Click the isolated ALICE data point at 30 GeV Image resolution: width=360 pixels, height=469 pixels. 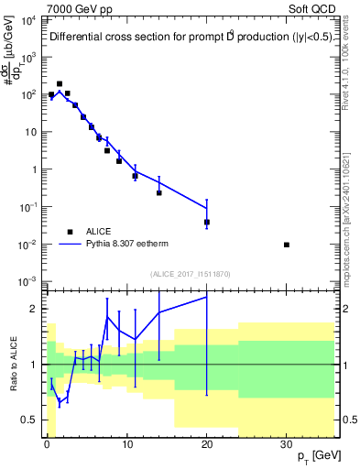click(x=287, y=245)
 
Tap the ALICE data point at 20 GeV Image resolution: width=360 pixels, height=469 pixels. click(x=207, y=222)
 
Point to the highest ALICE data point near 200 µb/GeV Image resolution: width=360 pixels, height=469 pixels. click(x=60, y=83)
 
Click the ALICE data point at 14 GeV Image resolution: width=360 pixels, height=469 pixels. click(x=158, y=192)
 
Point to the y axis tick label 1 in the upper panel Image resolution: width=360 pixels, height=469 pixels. click(x=34, y=169)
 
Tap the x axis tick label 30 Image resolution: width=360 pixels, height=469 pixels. click(x=287, y=443)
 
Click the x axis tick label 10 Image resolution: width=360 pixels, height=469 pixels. click(x=126, y=443)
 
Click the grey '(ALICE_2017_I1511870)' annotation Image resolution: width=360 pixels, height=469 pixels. click(x=190, y=274)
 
